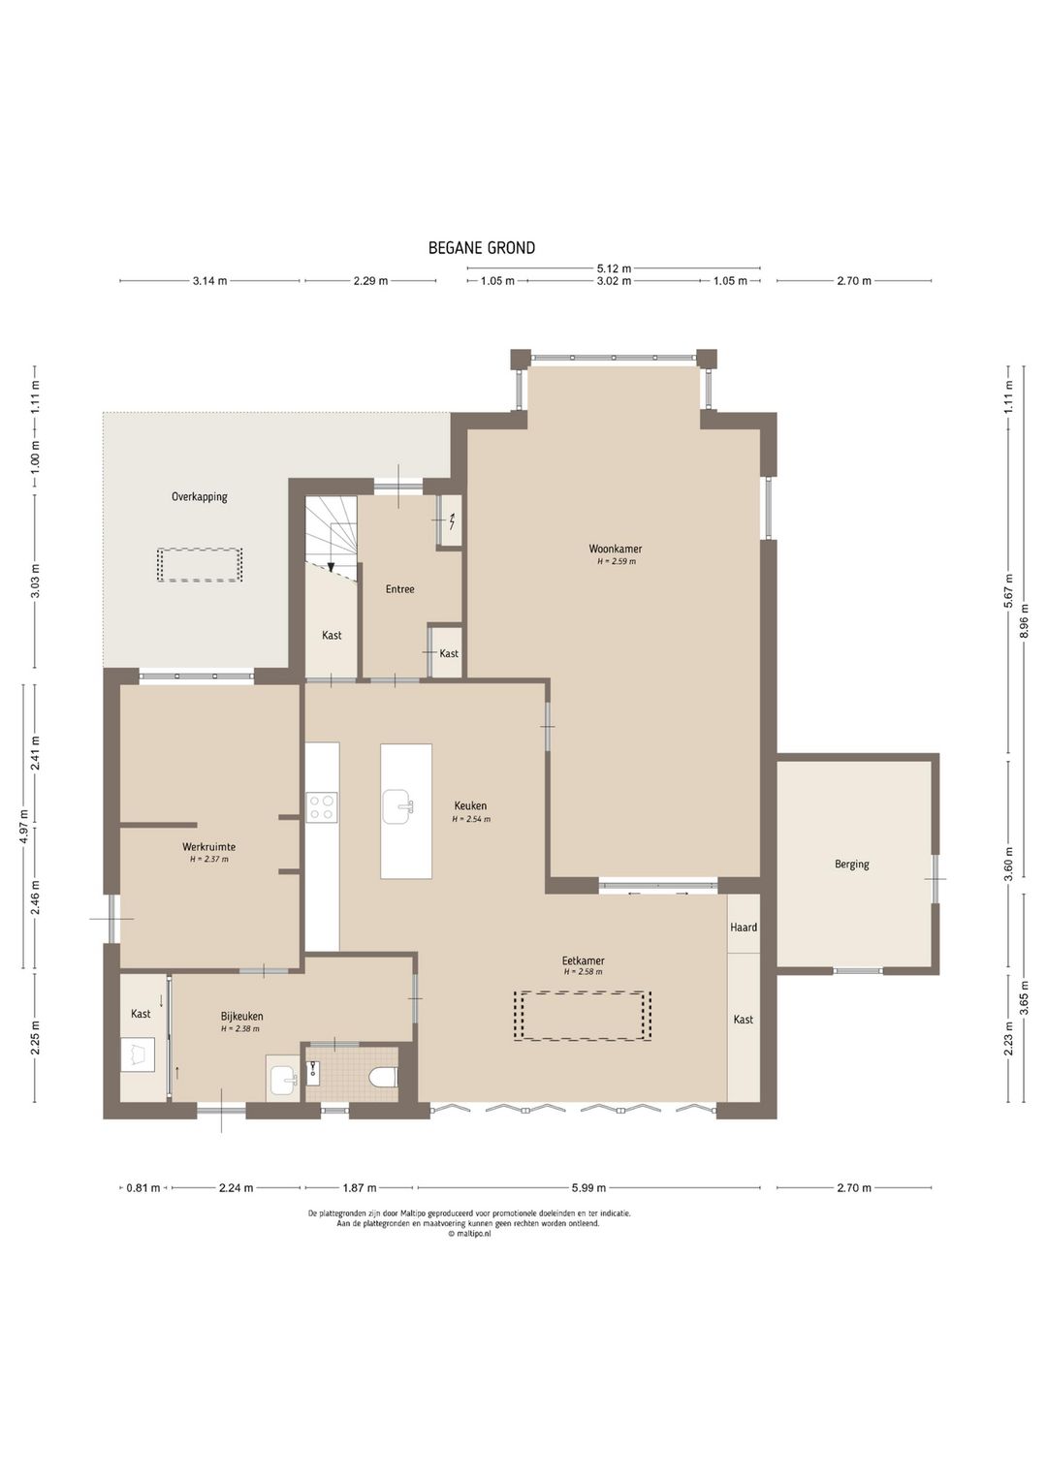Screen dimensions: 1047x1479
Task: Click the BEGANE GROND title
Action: [x=482, y=248]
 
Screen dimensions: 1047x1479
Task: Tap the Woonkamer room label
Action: [x=615, y=549]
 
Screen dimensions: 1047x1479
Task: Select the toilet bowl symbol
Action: [x=384, y=1077]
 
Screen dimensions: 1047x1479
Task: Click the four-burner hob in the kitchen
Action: [x=322, y=806]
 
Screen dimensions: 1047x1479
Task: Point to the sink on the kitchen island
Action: [x=399, y=806]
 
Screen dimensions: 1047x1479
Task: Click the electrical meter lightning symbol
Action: [x=452, y=523]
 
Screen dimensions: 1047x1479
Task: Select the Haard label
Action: [x=744, y=927]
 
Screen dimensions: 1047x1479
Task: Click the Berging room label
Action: [x=851, y=865]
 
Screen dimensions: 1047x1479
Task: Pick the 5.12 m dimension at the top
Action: [x=614, y=268]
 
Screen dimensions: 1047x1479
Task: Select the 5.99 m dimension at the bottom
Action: [x=587, y=1188]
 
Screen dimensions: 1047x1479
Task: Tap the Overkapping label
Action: [x=200, y=497]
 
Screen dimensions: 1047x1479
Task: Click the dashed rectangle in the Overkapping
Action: [x=200, y=564]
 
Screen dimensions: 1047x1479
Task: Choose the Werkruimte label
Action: [x=208, y=847]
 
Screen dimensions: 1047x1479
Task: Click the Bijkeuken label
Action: [x=241, y=1016]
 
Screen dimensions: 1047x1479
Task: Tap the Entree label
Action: [x=399, y=589]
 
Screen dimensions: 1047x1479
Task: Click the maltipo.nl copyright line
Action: [x=469, y=1233]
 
